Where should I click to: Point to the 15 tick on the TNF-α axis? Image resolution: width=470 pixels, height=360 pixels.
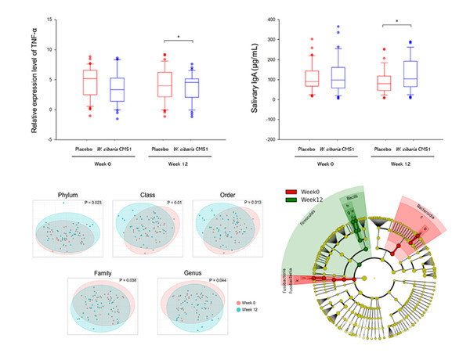[50, 20]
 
